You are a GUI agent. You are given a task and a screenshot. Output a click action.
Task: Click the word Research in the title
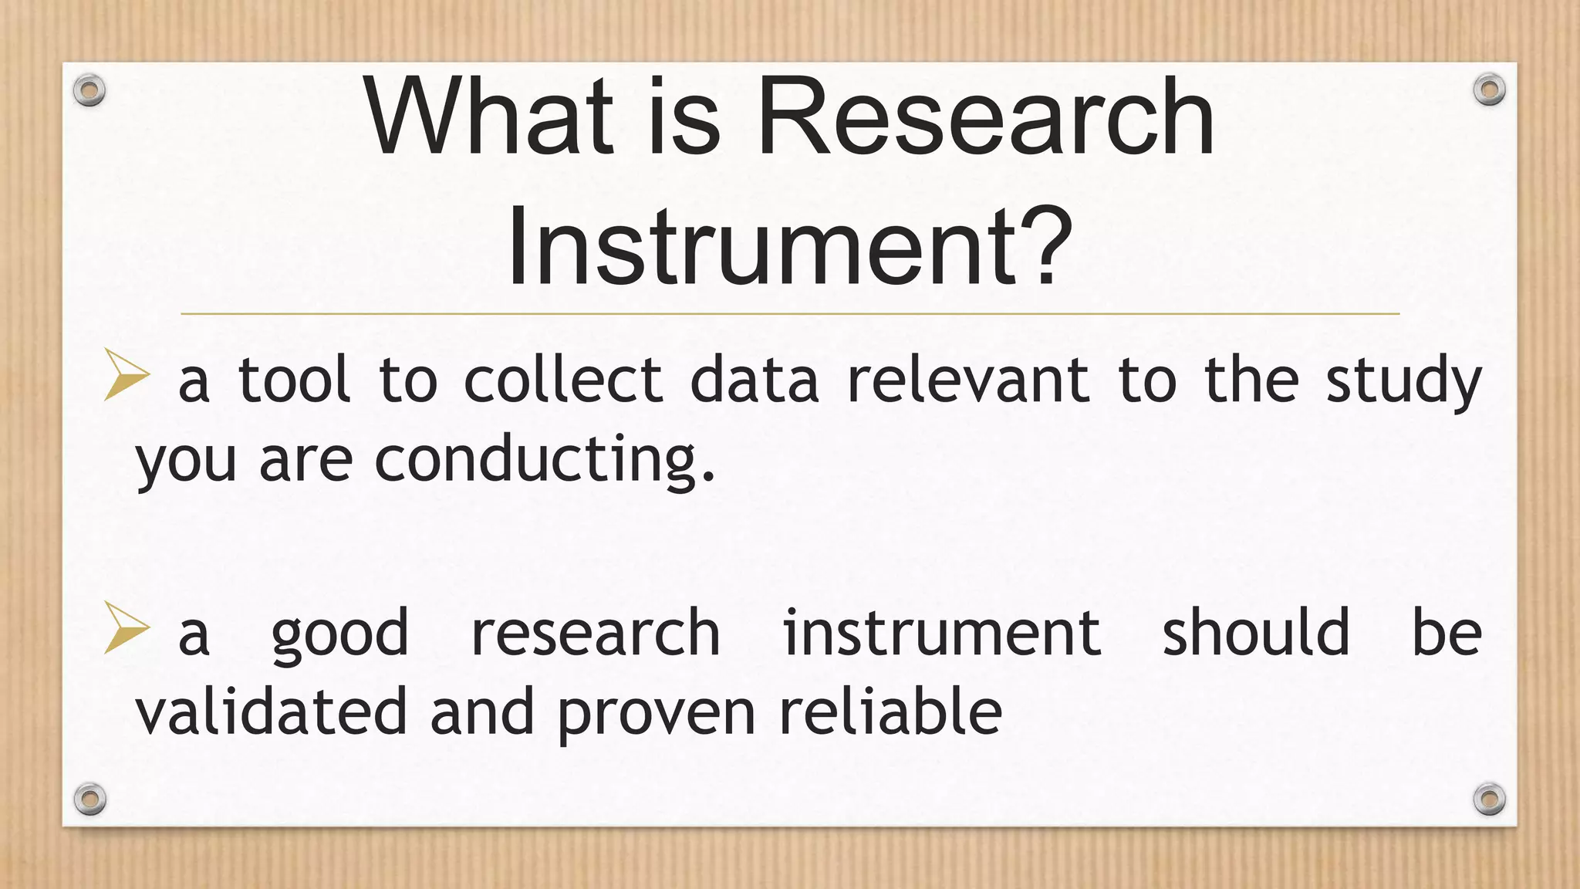[985, 117]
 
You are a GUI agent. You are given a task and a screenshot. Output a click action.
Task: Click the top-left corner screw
[89, 90]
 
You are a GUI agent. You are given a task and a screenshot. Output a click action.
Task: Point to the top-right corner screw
[1489, 90]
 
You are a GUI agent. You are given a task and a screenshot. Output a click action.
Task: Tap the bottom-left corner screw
[89, 798]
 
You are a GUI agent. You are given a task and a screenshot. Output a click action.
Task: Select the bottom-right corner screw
[1489, 798]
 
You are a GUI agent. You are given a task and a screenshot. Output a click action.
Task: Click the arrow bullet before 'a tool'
[126, 375]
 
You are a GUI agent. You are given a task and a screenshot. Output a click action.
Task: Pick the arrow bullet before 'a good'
[126, 628]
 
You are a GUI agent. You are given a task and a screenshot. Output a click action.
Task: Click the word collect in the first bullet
[562, 380]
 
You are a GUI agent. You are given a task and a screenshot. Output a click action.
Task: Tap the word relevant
[968, 380]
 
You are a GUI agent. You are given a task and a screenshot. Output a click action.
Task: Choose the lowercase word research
[596, 634]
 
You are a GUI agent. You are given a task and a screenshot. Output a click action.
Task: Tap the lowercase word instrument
[942, 634]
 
